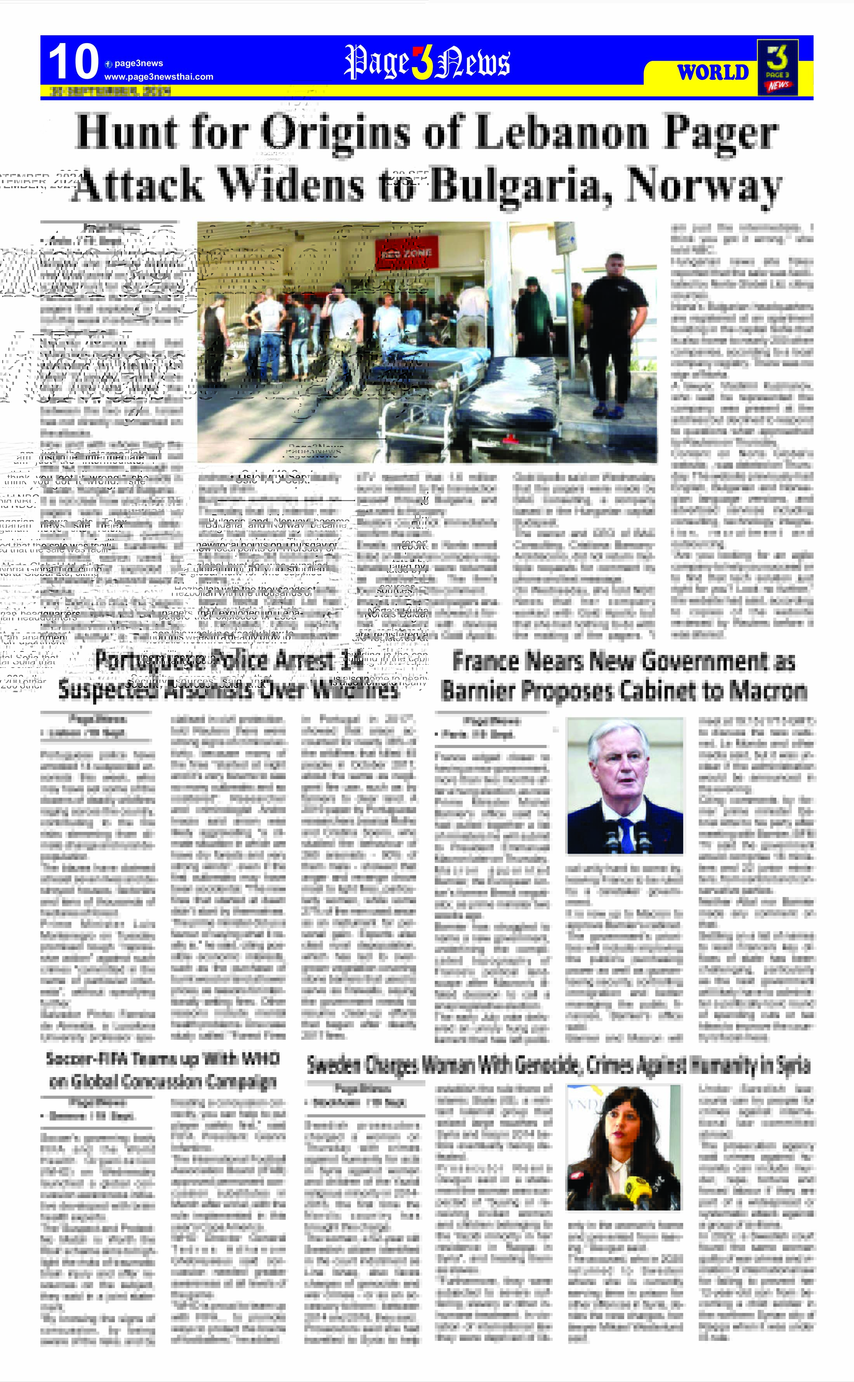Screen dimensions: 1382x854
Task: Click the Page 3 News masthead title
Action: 427,62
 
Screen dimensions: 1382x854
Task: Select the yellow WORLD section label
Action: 713,73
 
